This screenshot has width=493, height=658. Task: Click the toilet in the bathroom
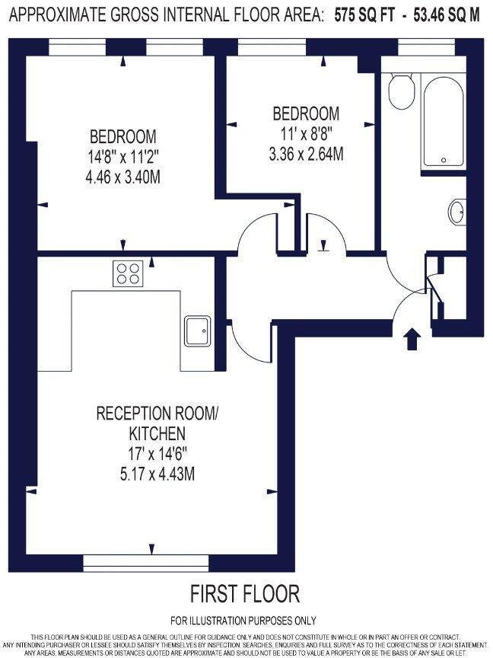pos(400,92)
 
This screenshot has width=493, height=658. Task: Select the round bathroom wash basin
pos(457,212)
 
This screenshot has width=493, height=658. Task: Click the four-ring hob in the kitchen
pos(129,273)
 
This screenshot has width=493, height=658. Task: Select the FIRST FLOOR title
pos(245,593)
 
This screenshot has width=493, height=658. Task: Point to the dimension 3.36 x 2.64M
pos(306,153)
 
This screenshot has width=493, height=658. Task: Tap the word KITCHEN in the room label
pos(156,434)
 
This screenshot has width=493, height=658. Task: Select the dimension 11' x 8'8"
pos(306,134)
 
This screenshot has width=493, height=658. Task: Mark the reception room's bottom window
pos(145,563)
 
